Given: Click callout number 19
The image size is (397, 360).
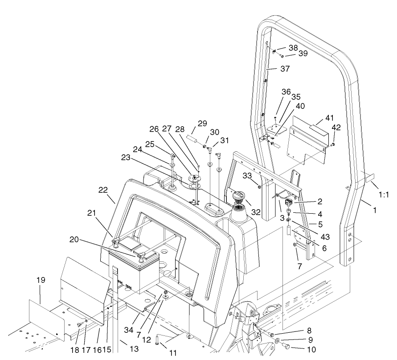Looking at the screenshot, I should [41, 281].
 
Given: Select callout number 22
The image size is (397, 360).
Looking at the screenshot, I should [103, 190].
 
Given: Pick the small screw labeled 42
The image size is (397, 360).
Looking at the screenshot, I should [332, 145].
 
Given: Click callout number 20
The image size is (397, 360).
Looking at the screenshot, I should [74, 239].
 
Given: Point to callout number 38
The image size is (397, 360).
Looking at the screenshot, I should [293, 47].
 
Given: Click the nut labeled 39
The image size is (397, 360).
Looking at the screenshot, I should [282, 56].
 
